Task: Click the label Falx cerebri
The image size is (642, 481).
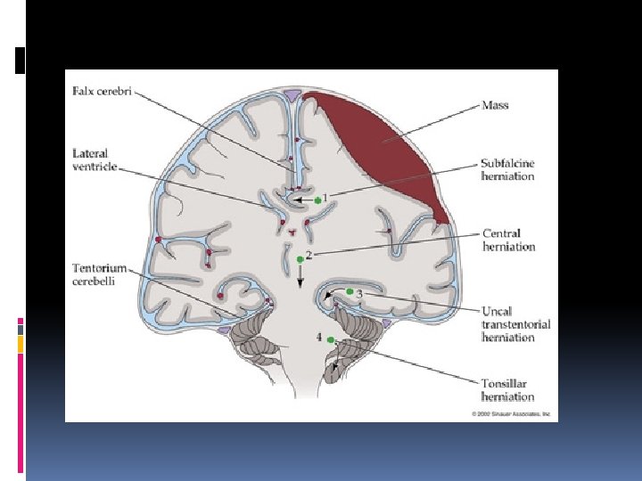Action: pos(103,92)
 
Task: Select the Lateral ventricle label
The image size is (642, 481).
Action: pos(95,159)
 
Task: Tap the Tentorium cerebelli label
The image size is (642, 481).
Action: pos(100,274)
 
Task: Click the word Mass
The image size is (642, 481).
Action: pos(495,104)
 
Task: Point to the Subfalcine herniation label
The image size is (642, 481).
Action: pos(507,169)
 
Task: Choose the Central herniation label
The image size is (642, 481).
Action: pos(508,240)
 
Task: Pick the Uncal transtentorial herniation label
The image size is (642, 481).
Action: pos(515,324)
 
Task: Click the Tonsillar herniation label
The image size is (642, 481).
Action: pos(507,390)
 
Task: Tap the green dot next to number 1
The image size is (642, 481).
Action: pos(317,200)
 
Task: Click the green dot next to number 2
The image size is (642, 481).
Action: pos(300,259)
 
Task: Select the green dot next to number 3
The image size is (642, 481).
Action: pos(350,291)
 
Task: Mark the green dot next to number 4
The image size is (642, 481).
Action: pos(331,339)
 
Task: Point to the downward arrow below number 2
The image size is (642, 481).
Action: pos(300,278)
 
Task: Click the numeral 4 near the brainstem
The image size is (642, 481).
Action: pos(318,338)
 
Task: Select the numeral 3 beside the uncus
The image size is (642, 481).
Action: pos(359,292)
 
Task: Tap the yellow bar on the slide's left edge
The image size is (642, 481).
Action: pos(21,344)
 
